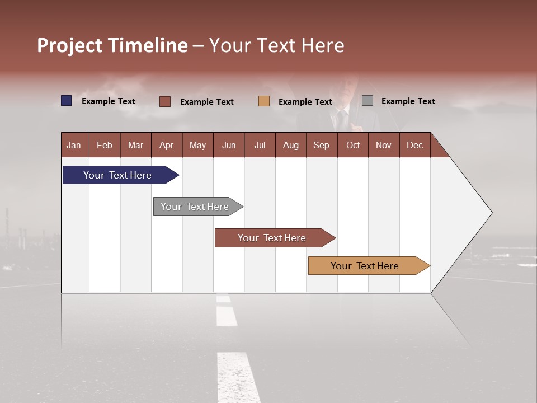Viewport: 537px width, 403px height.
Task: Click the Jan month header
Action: point(74,145)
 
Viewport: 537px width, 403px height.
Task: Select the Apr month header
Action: point(166,145)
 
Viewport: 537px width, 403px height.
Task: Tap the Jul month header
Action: point(260,145)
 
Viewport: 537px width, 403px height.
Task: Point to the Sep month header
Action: point(321,145)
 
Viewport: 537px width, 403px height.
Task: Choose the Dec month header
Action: point(414,145)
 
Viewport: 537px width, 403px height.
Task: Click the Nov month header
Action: point(383,145)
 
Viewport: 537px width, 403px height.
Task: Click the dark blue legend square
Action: point(67,101)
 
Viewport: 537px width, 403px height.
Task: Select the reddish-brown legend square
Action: point(165,101)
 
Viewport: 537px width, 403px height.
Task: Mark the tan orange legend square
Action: point(264,101)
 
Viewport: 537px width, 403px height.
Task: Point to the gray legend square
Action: point(368,101)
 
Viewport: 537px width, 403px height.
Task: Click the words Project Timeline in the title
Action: point(112,45)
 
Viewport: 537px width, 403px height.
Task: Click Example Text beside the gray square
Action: point(408,101)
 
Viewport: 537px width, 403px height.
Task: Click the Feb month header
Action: point(105,145)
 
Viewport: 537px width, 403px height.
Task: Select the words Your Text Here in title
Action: point(276,45)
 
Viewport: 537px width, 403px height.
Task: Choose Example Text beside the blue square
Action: point(108,101)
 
